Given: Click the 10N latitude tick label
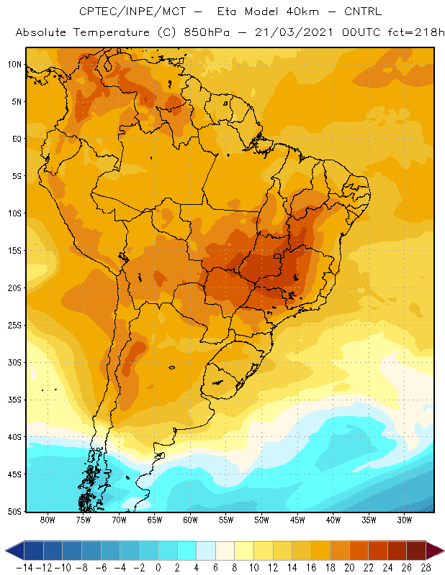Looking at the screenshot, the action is pos(14,65).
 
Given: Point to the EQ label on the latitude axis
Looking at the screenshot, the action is pos(17,139).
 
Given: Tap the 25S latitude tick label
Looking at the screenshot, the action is pos(14,326).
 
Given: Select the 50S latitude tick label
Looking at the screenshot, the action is pos(14,512).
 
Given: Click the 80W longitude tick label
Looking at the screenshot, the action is pos(48,520).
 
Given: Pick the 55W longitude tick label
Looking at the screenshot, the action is pos(226,520).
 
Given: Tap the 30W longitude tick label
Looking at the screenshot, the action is pos(405,520).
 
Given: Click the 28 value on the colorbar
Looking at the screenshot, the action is pos(426,568).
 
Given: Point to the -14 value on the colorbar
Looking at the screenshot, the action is pos(24,568).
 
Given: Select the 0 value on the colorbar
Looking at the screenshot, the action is pos(158,568).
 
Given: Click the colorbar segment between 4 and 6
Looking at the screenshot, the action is pos(206,551).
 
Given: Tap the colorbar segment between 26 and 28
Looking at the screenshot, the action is pos(416,551).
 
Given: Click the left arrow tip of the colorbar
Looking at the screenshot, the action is pos(6,551).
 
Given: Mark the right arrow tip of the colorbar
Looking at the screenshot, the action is pos(444,551).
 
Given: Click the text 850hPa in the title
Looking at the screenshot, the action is pos(207,32).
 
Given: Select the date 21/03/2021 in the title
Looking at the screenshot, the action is pos(294,32).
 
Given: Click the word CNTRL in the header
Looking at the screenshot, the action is pos(363,11).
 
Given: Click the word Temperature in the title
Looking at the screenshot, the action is pos(112,32).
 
